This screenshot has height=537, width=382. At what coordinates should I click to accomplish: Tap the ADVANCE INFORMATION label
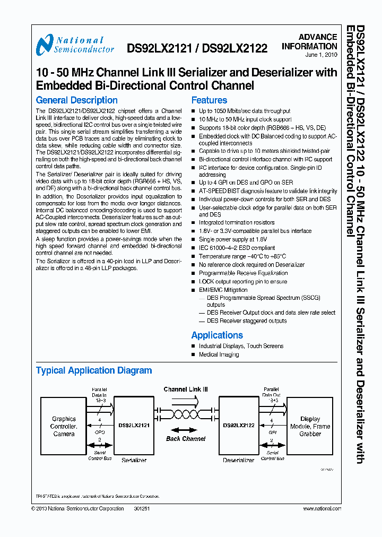tap(317, 42)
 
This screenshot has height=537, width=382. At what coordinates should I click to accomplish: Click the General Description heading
tap(76, 100)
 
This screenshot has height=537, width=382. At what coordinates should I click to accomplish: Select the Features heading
tap(209, 100)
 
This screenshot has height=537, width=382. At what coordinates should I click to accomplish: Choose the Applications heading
tap(217, 335)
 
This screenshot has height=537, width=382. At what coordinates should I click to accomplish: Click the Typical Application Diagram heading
tap(94, 370)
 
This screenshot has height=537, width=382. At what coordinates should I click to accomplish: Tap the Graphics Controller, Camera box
tap(64, 426)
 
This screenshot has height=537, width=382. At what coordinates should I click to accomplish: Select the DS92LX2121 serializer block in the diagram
tap(134, 426)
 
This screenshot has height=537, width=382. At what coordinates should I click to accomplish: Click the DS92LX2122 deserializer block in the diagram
tap(239, 426)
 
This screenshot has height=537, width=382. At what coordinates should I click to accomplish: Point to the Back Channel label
tap(186, 439)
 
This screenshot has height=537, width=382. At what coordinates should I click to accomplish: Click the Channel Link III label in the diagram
tap(186, 389)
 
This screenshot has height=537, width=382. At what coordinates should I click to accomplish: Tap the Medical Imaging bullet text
tap(219, 354)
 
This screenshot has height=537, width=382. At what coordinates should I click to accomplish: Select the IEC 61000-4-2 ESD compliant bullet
tap(237, 248)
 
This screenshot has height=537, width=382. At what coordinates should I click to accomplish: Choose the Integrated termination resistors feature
tap(237, 223)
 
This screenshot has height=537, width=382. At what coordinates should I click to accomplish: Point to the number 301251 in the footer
tap(142, 508)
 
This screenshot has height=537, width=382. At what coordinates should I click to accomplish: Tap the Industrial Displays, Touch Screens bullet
tap(241, 346)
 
